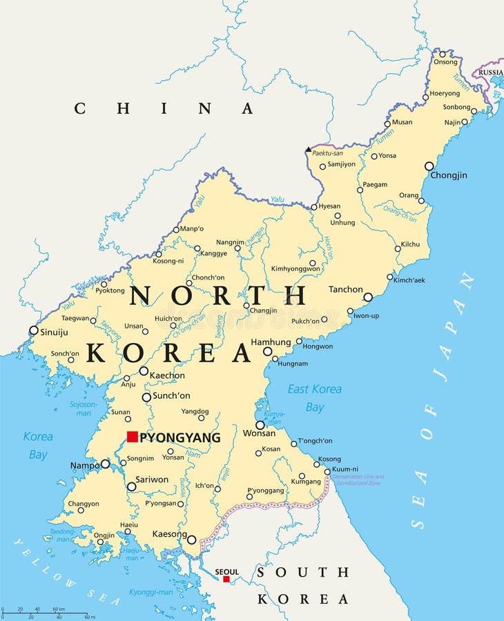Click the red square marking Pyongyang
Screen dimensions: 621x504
[x=132, y=437]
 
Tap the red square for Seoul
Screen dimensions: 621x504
[x=226, y=579]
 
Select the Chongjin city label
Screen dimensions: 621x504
[x=448, y=175]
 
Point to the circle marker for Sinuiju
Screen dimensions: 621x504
[x=33, y=331]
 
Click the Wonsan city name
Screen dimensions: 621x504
[x=259, y=433]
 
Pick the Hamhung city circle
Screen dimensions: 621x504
[x=267, y=351]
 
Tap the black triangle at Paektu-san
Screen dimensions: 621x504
[x=308, y=149]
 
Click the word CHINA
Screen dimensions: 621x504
[x=164, y=108]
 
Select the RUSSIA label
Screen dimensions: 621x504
[x=490, y=72]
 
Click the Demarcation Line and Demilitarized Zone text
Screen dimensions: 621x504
[x=358, y=480]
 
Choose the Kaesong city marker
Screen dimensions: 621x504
[x=191, y=540]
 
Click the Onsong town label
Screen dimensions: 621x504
[x=445, y=62]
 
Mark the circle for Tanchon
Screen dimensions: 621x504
[x=368, y=297]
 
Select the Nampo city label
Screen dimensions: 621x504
[x=85, y=466]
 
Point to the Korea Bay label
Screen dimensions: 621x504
[x=38, y=445]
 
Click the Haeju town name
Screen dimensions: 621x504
[x=128, y=524]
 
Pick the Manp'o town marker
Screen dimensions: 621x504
[x=176, y=230]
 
